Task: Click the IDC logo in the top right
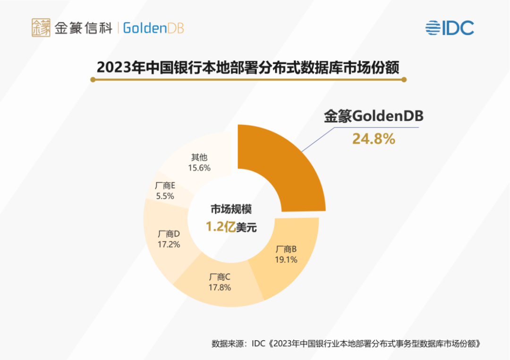coord(449,28)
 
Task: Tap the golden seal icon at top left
coord(41,28)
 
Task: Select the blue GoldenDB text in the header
coord(153,28)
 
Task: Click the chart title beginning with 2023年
coord(248,67)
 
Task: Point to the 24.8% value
coord(374,139)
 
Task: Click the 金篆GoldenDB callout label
coord(374,117)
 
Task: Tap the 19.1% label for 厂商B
coord(286,260)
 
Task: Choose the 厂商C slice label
coord(220,277)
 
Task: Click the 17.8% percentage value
coord(220,287)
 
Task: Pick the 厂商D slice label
coord(169,234)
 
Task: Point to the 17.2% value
coord(169,244)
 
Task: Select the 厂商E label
coord(165,185)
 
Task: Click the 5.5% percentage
coord(165,195)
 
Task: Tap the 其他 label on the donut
coord(199,158)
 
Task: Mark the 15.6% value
coord(199,167)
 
